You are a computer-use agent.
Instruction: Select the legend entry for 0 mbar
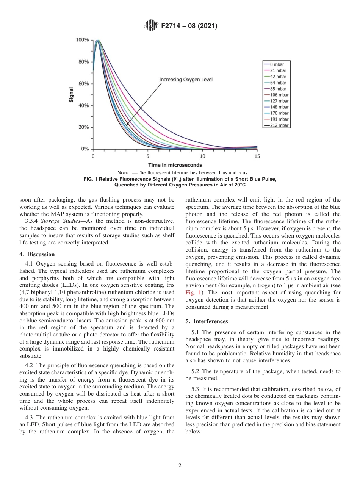pos(277,64)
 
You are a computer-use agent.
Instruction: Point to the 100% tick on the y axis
pos(83,40)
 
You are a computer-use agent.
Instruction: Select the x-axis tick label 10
pos(202,156)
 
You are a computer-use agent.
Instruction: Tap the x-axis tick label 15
pos(257,156)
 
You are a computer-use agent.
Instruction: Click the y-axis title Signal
pos(71,94)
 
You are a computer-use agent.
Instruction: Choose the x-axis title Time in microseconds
pos(175,165)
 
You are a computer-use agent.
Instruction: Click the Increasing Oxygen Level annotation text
pos(186,80)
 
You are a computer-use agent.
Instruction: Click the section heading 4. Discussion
pos(37,254)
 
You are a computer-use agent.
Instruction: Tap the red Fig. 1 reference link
pos(191,293)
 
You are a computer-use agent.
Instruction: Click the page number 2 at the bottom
pos(180,466)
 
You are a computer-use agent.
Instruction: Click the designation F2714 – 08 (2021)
pos(189,27)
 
